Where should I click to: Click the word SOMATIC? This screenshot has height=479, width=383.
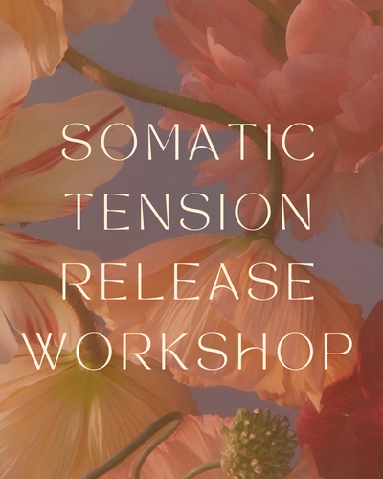click(x=189, y=142)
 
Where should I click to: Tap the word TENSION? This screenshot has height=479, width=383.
click(x=191, y=212)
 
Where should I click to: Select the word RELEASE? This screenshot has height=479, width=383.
click(x=188, y=282)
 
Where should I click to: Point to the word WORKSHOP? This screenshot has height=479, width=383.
click(x=189, y=352)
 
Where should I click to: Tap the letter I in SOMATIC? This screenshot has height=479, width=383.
click(x=270, y=142)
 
